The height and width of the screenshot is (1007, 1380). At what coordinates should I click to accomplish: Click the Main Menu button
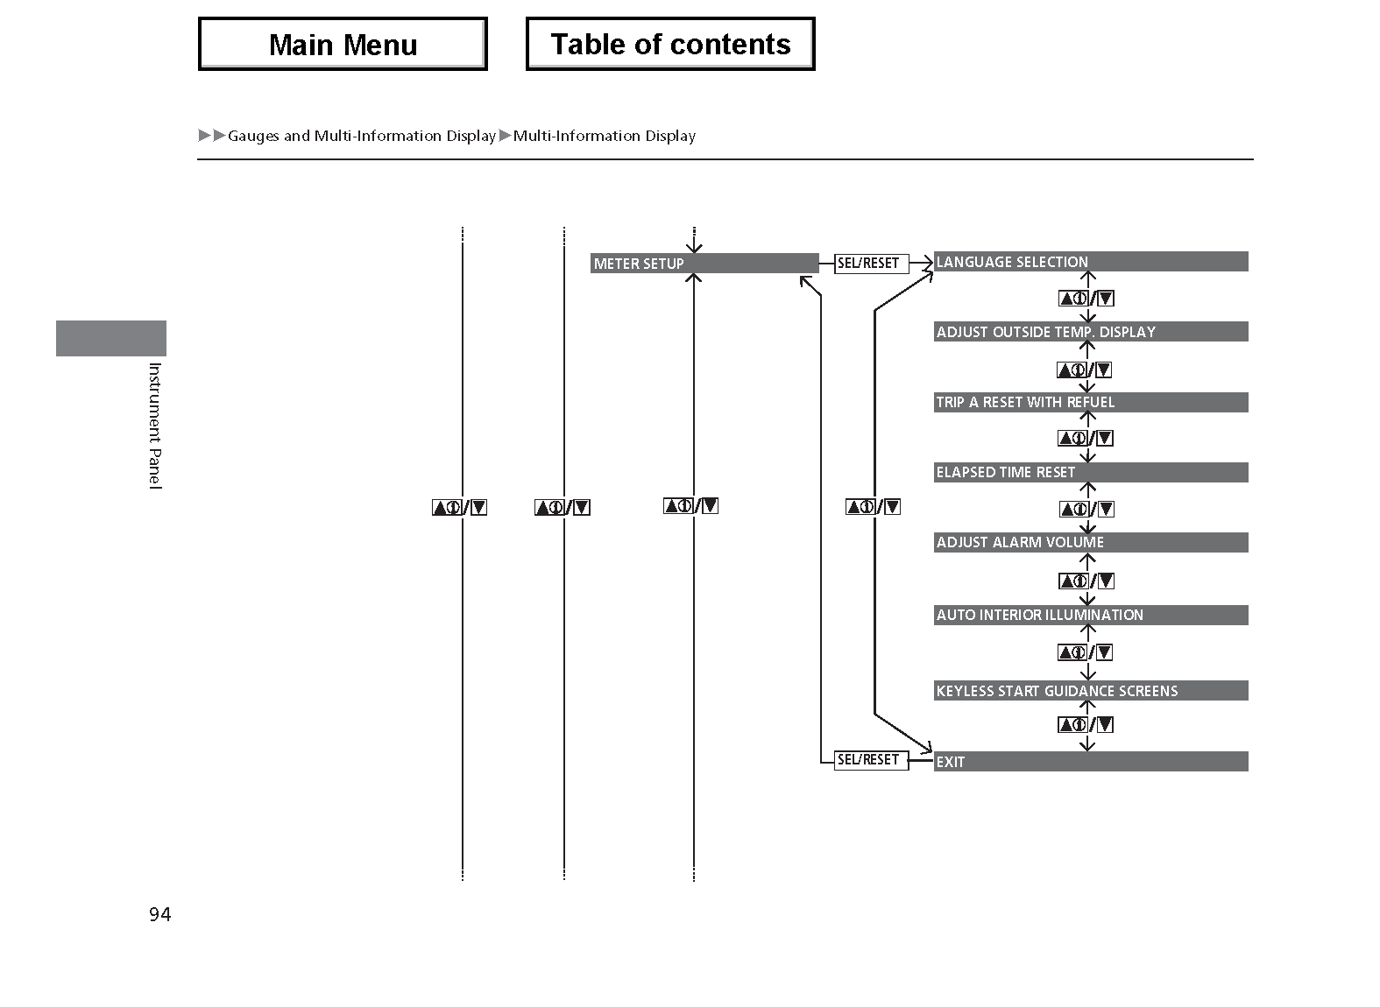(343, 44)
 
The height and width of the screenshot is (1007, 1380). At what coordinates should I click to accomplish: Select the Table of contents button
(670, 44)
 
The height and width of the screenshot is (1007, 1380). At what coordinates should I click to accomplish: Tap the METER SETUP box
(704, 263)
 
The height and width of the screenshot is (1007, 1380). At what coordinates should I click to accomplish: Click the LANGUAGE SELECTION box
(1091, 262)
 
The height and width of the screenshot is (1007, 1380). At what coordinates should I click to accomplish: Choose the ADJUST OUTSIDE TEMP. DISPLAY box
(1091, 332)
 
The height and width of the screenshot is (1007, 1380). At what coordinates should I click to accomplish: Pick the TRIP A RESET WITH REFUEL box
(1091, 402)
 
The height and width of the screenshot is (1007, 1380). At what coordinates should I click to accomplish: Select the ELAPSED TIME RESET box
(1091, 472)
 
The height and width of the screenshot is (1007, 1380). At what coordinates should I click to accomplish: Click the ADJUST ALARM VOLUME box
(1091, 542)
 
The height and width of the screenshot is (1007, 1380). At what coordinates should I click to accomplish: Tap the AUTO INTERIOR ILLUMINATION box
(1091, 615)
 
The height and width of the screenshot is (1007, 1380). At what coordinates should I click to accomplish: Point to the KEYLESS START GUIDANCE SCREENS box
(1091, 691)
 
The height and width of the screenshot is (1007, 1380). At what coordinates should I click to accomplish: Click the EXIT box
(1091, 762)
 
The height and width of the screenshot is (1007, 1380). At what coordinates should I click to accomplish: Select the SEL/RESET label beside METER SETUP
(871, 264)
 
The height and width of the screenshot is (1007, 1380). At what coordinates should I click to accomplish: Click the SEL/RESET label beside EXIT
(871, 759)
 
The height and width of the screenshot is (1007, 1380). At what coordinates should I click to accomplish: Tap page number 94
(160, 914)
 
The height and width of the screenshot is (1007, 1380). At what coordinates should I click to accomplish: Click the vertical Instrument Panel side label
(155, 426)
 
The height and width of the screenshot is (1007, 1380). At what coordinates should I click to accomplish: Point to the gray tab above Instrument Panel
(111, 338)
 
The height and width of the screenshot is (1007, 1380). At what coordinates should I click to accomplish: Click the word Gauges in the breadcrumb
(253, 136)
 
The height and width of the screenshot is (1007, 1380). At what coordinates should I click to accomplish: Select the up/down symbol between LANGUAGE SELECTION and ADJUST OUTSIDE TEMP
(1086, 299)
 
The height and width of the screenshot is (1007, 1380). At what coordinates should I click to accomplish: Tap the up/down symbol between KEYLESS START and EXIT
(1086, 724)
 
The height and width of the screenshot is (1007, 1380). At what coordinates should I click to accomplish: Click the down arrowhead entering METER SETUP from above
(694, 248)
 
